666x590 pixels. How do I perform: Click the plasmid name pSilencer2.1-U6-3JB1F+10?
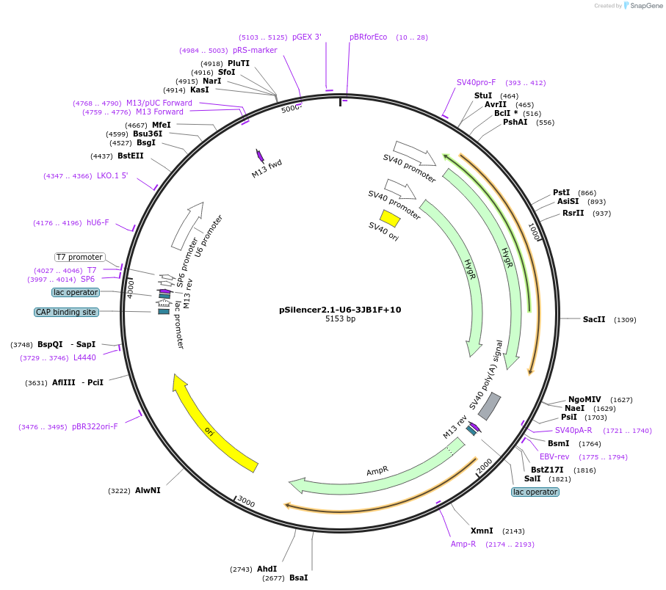[340, 310]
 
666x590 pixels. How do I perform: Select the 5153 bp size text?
[340, 319]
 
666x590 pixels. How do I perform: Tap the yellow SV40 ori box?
[390, 219]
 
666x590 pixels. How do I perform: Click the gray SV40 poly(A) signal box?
[490, 407]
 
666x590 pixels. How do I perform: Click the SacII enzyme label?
[594, 319]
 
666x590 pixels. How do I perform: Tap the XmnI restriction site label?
[482, 531]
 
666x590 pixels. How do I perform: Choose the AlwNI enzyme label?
[148, 490]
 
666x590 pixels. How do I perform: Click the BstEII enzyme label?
[131, 156]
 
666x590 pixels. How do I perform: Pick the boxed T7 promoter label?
[79, 257]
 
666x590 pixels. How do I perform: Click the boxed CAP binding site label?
[65, 312]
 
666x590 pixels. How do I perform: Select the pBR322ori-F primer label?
[95, 426]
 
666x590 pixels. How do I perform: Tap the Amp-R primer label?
[463, 544]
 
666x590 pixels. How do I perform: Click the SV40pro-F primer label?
[476, 82]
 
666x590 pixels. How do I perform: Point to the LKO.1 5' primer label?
[112, 175]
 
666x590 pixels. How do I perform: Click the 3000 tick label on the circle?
[246, 502]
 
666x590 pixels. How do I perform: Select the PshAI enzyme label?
[515, 122]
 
